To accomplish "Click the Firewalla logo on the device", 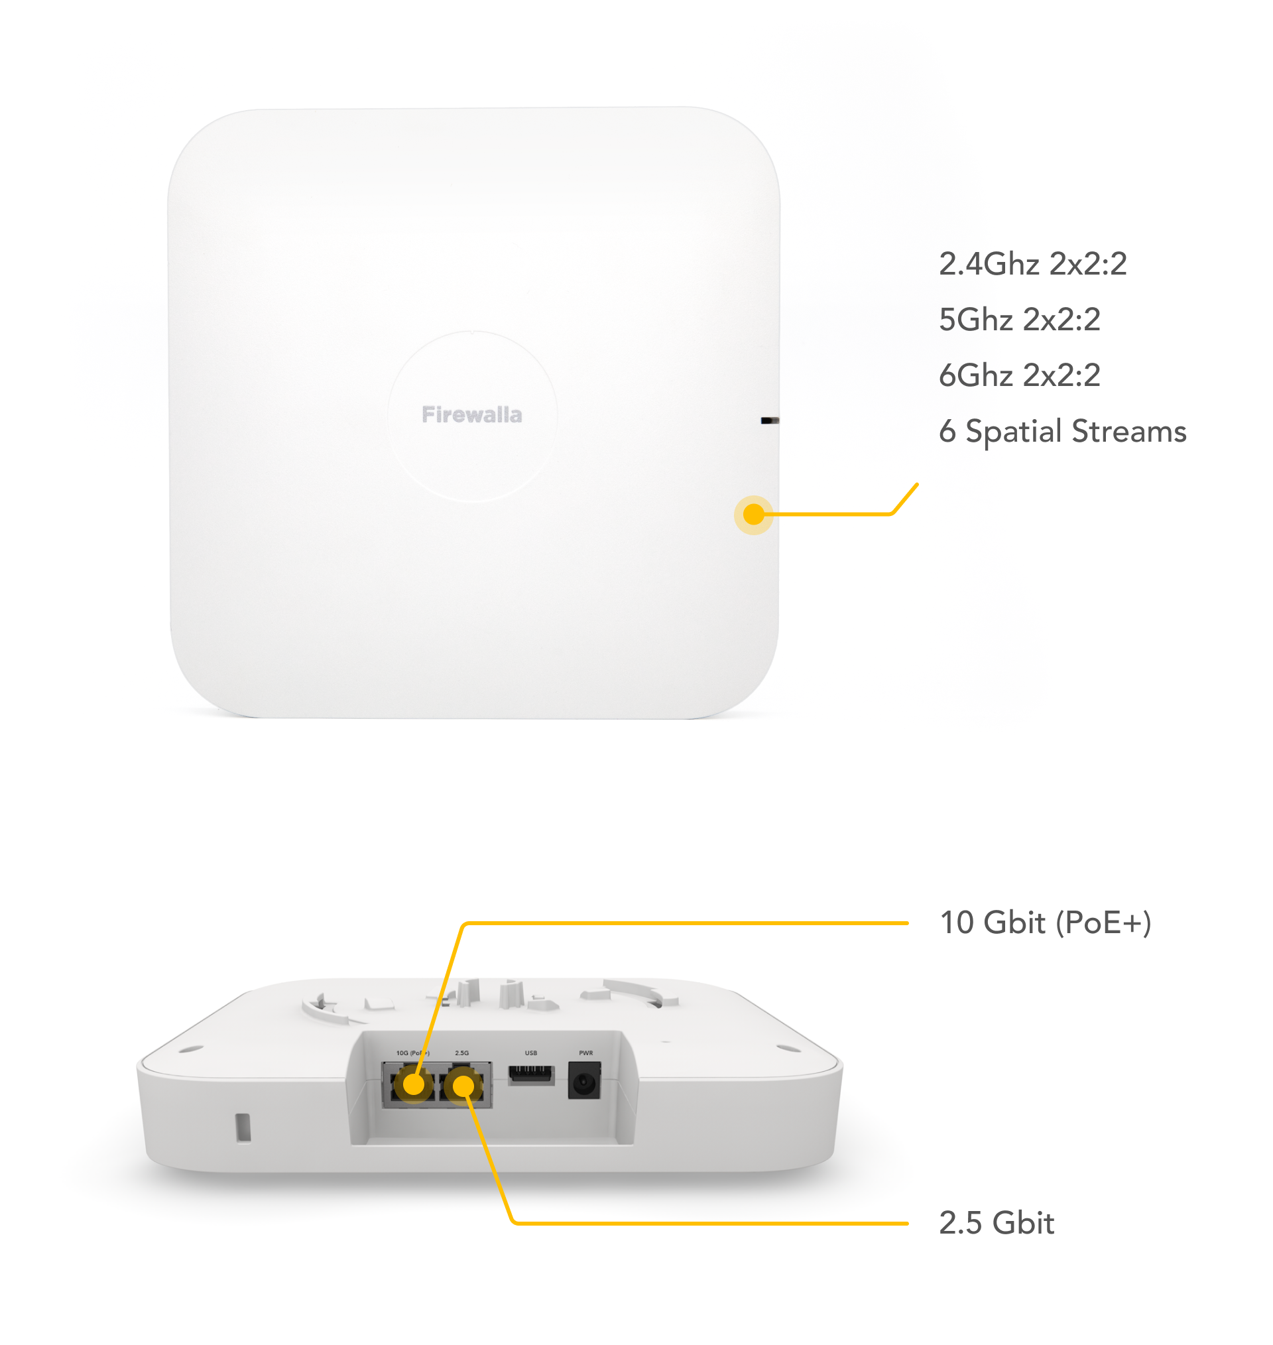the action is coord(471,415).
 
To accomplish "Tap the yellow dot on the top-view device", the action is coord(753,515).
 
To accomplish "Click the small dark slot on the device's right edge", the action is coord(770,420).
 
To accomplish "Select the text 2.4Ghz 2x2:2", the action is coord(1032,264).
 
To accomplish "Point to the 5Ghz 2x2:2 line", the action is coord(1019,320).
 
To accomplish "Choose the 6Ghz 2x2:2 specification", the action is coord(1019,375).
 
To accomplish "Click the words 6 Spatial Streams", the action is coord(1062,432).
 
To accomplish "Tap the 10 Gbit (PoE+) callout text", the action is coord(1045,923).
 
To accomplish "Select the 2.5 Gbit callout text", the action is coord(996,1223).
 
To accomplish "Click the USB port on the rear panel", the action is coord(530,1075).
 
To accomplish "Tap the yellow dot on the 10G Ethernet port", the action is coord(413,1084).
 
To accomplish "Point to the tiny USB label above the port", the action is coord(530,1053).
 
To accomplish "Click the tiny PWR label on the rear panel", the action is coord(585,1053).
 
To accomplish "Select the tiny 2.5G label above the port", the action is coord(461,1053).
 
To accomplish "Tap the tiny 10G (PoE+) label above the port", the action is coord(412,1053).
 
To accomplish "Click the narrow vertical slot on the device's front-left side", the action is coord(242,1127).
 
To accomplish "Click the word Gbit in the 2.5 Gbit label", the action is coord(1022,1223).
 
